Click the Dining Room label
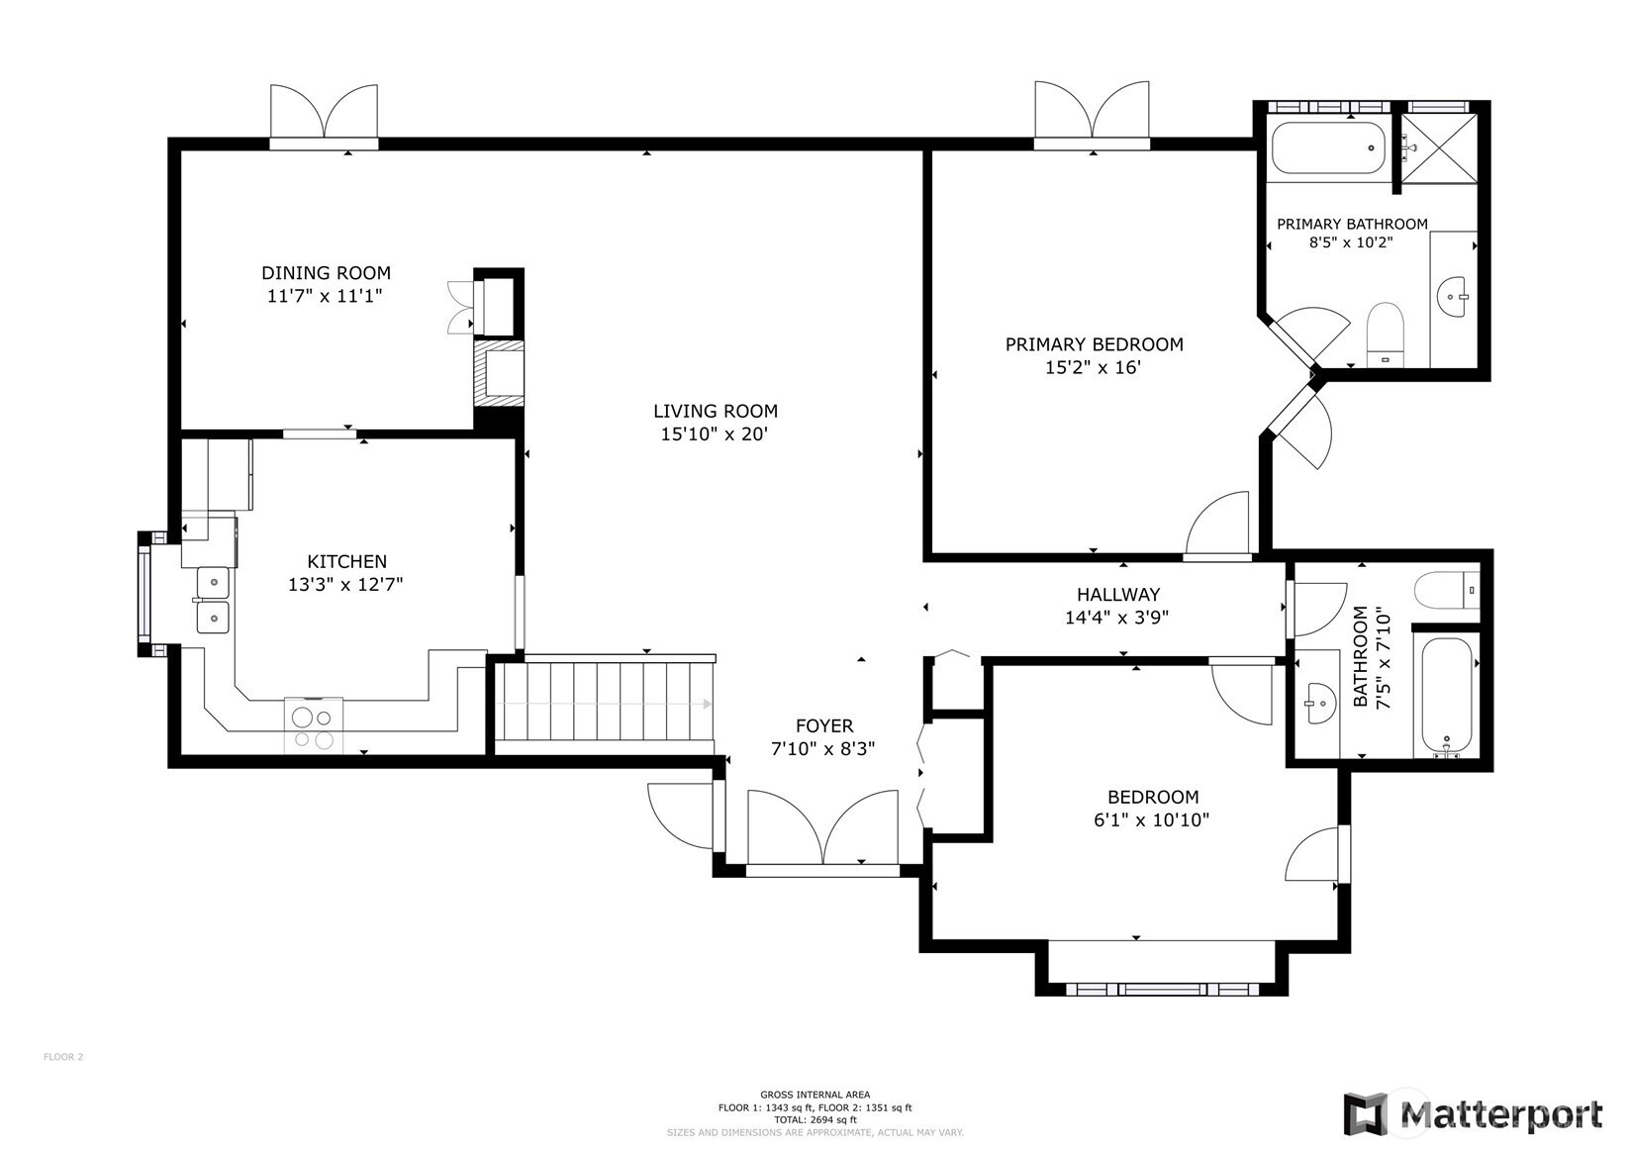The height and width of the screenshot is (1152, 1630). point(326,273)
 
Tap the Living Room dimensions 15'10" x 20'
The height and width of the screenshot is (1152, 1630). point(715,434)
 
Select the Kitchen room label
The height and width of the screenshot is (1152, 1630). point(347,561)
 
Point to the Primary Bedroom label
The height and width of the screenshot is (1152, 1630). point(1095,344)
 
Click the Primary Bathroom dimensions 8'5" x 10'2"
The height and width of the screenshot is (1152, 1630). point(1351,242)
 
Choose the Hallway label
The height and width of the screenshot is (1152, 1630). point(1118,595)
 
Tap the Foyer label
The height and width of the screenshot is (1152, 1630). point(824,725)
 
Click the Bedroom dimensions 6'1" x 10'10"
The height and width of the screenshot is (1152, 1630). point(1151,820)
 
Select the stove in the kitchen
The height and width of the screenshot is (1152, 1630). point(314,724)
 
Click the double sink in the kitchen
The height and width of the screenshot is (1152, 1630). point(213,601)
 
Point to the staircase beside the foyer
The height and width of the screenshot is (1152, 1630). point(604,704)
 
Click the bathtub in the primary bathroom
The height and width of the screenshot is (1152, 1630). point(1329,147)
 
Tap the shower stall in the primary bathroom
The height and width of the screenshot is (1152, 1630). point(1440,147)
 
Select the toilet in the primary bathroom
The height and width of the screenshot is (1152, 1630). point(1385,335)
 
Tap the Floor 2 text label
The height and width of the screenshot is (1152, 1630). point(63,1057)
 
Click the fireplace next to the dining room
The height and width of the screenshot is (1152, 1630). point(499,375)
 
